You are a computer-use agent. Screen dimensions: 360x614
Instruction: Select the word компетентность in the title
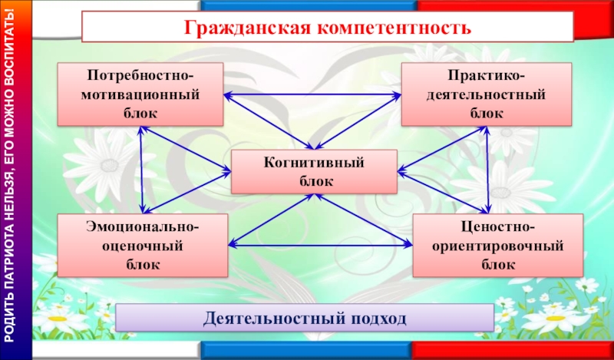(391, 28)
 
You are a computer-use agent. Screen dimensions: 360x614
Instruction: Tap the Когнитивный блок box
(314, 172)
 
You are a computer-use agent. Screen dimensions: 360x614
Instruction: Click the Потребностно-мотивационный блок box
(140, 94)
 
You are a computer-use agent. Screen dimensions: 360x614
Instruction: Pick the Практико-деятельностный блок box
(487, 94)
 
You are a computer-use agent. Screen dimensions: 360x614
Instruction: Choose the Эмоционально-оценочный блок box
(143, 246)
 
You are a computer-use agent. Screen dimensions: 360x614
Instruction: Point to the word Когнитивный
(314, 163)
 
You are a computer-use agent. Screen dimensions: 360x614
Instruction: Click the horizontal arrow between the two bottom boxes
(320, 246)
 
